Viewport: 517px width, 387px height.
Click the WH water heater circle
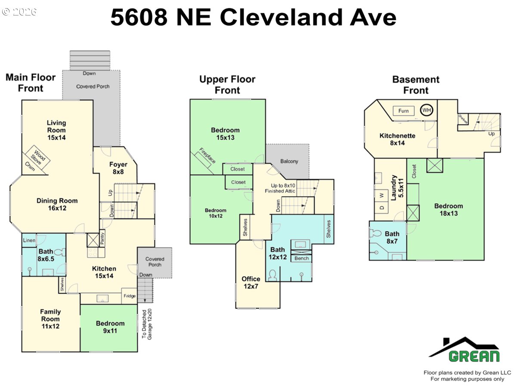click(x=427, y=110)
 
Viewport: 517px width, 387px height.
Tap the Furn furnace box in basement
click(x=403, y=111)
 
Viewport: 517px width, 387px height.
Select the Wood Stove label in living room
click(x=38, y=157)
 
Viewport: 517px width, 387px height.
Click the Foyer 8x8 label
click(x=118, y=168)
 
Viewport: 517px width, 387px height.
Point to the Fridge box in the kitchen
click(x=129, y=296)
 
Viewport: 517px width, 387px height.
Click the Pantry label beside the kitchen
click(x=102, y=238)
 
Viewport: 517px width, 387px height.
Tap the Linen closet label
click(x=29, y=240)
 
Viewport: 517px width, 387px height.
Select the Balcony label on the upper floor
click(x=289, y=161)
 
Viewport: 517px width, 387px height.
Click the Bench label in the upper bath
click(x=301, y=258)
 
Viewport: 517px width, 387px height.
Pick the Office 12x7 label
click(x=251, y=283)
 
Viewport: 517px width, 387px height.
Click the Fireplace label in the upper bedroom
click(x=207, y=156)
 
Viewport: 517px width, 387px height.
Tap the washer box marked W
click(x=382, y=195)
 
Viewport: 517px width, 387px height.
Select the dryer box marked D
click(x=382, y=208)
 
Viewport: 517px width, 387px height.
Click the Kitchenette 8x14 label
click(x=397, y=139)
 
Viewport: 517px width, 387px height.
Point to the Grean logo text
click(x=474, y=356)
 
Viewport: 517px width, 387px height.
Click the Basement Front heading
click(x=416, y=85)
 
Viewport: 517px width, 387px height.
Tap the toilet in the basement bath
click(x=376, y=233)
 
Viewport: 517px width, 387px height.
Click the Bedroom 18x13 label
click(x=449, y=209)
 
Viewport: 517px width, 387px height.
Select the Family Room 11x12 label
click(x=50, y=319)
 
